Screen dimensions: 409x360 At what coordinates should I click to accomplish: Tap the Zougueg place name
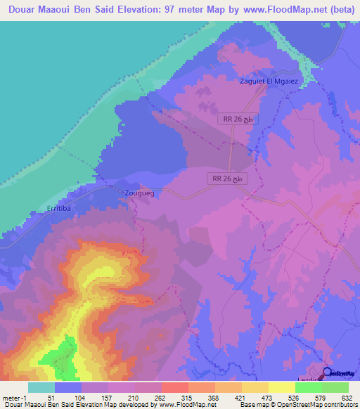[139, 192]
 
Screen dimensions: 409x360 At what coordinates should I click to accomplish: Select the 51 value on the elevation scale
[54, 397]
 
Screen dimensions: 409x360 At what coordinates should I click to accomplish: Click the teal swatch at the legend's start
[41, 387]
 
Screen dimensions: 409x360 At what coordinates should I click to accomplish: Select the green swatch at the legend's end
[335, 387]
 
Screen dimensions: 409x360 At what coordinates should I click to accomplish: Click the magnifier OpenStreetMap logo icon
[327, 373]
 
